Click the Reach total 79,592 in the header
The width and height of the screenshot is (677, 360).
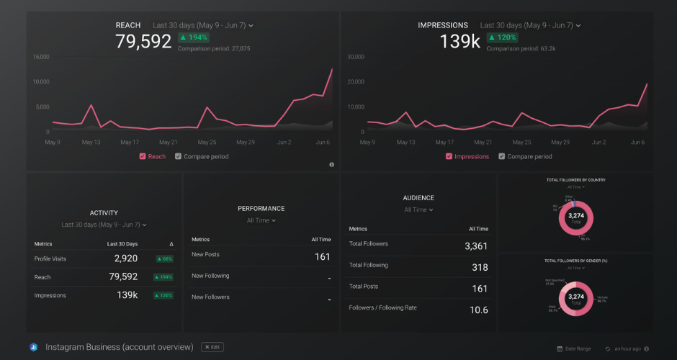point(143,42)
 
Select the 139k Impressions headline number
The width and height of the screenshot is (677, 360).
point(459,42)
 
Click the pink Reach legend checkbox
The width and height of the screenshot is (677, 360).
point(143,156)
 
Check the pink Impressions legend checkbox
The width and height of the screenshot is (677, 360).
point(449,156)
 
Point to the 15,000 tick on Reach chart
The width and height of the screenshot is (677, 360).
point(41,56)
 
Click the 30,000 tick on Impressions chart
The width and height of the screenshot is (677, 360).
point(356,56)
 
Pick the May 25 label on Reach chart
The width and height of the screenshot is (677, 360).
point(207,143)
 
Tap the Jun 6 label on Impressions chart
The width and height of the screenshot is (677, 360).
point(637,143)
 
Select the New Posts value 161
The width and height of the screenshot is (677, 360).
point(322,256)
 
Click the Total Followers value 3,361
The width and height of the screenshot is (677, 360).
point(475,246)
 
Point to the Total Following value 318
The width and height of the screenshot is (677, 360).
point(479,267)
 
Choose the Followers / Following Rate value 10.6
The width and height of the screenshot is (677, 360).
point(478,310)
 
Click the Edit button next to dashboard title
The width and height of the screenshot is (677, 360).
point(212,347)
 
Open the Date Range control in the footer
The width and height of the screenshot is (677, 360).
point(574,348)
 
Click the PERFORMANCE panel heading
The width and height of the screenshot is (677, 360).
point(261,208)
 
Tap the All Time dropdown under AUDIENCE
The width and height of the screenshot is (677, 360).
point(418,210)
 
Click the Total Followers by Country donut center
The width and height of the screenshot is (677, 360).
point(576,217)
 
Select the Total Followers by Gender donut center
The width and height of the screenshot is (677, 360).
point(576,298)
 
